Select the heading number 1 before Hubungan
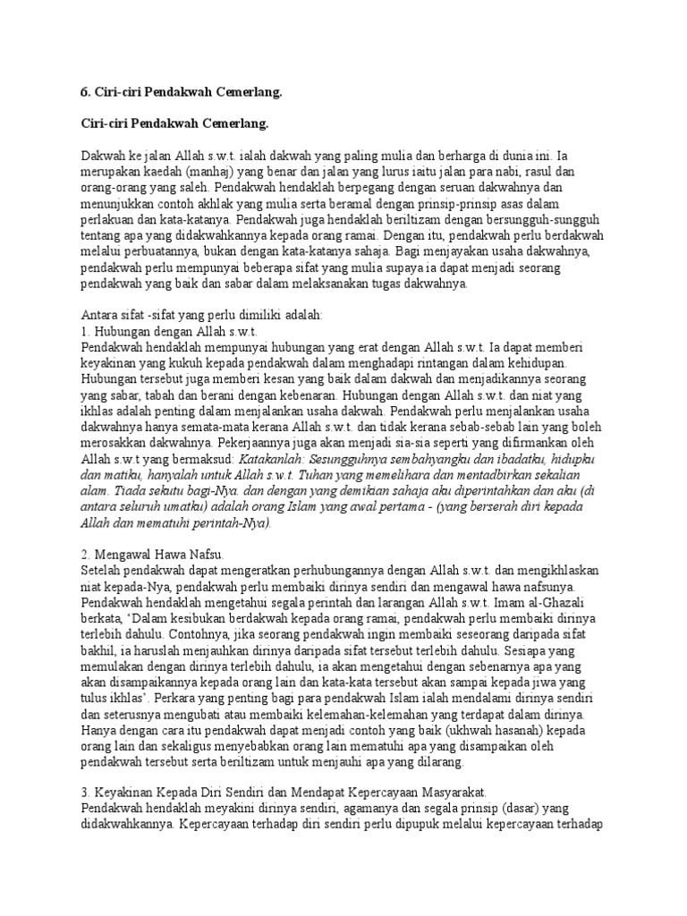tap(83, 331)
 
